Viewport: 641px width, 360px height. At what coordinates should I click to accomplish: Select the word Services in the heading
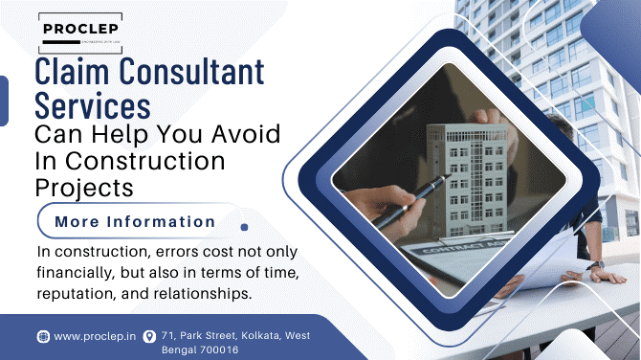(x=92, y=103)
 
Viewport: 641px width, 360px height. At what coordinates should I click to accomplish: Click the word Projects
(x=82, y=185)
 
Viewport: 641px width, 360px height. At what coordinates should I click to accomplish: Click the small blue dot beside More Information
(x=244, y=227)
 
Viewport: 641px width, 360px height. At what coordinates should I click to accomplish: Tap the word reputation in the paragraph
(x=76, y=294)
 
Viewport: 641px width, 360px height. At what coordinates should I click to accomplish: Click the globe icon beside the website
(x=43, y=336)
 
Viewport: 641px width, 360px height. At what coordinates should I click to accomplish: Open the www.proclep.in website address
(x=93, y=336)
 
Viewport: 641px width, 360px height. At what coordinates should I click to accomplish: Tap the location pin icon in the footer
(x=148, y=336)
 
